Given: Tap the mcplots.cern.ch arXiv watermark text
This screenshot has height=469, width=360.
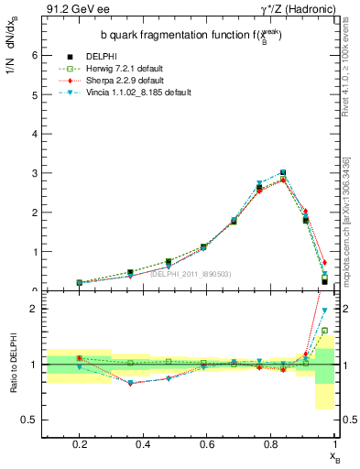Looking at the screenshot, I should (x=352, y=211).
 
